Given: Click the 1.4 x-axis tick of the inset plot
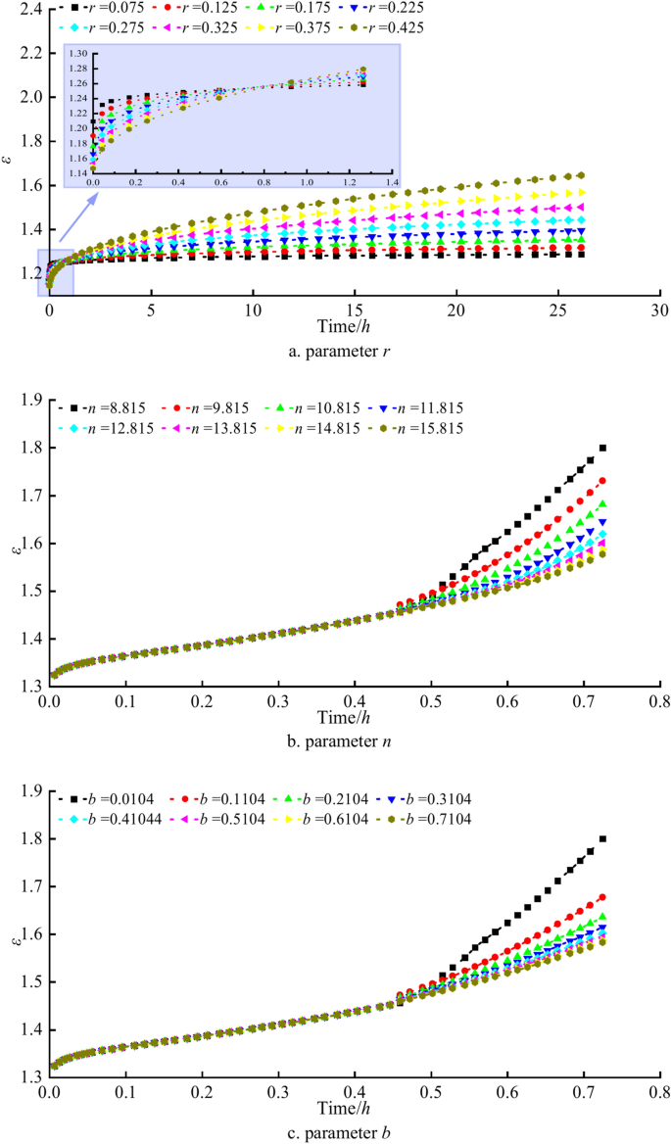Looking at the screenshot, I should click(392, 183).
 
